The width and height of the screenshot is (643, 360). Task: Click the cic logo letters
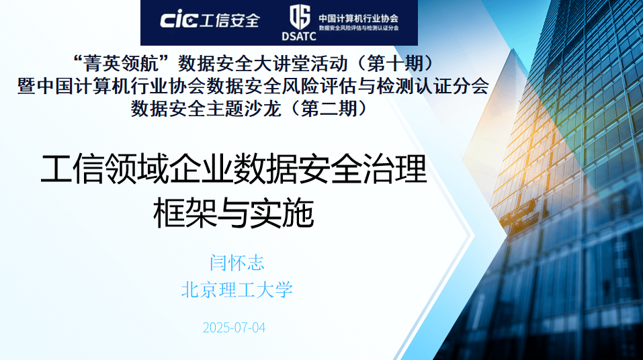[x=179, y=19]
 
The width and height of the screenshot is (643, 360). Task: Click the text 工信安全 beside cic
[x=230, y=20]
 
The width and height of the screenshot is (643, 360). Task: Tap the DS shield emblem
[x=300, y=17]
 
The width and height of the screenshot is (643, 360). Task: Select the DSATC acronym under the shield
[x=299, y=36]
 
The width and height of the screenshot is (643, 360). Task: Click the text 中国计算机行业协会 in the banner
[x=358, y=18]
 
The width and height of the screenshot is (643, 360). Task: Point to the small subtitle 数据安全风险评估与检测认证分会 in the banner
[x=358, y=28]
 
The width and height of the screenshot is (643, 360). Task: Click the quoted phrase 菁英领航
[x=122, y=64]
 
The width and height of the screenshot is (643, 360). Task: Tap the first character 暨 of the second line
[x=27, y=86]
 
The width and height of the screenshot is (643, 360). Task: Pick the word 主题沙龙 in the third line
[x=244, y=109]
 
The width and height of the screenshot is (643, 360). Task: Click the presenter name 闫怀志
[x=237, y=263]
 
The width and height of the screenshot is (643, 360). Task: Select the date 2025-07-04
[x=234, y=328]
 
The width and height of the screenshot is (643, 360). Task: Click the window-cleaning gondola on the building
[x=518, y=212]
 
